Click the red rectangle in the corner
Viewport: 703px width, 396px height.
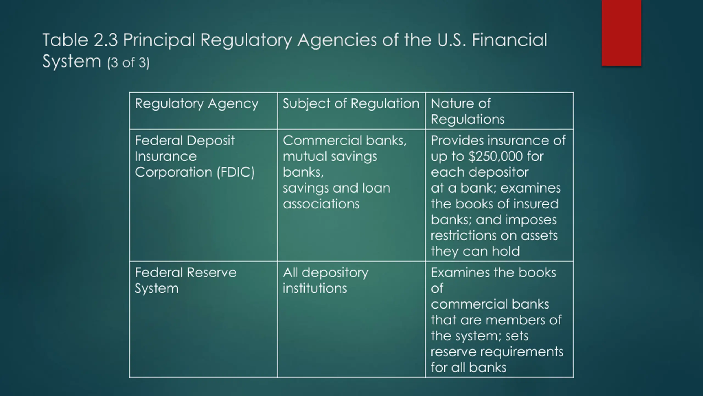pos(621,33)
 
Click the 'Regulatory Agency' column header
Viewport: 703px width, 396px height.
pos(196,104)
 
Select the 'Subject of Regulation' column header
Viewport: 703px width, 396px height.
pos(351,104)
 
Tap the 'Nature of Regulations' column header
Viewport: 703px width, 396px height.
pos(467,111)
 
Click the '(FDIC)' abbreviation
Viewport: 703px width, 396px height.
pos(236,172)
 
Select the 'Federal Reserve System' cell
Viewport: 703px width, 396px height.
pos(185,280)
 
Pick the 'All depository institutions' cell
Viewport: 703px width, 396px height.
pos(325,280)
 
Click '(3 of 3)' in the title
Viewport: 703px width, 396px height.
pos(128,63)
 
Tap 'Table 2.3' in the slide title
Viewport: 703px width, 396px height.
pos(80,40)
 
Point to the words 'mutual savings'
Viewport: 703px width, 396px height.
pos(330,156)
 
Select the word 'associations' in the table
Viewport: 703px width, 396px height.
pos(321,204)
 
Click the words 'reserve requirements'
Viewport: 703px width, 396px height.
pos(497,351)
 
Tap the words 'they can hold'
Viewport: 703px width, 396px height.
pos(475,251)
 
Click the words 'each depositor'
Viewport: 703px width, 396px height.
pos(479,172)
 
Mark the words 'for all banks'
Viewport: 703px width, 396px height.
pos(468,367)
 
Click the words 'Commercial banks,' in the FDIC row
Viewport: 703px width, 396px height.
pos(344,141)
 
